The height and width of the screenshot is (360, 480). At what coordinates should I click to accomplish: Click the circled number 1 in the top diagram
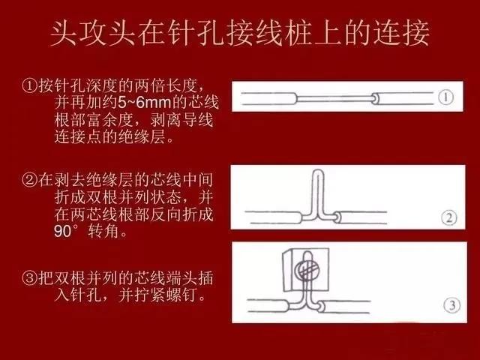[445, 97]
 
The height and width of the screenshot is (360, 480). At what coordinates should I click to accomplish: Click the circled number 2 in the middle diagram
[448, 218]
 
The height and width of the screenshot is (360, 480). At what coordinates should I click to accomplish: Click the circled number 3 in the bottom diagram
[451, 305]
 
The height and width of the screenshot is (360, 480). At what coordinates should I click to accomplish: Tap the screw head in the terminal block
[305, 271]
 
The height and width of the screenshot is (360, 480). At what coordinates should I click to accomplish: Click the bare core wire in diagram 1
[334, 98]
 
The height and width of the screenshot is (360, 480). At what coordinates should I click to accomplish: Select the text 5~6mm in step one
[145, 102]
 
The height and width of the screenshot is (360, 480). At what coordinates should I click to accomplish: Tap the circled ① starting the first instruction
[30, 86]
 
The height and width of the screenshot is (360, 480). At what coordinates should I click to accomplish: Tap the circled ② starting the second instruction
[30, 179]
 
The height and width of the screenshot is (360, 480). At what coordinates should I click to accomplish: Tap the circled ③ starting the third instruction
[30, 278]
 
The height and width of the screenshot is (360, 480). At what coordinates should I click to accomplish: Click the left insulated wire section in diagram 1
[269, 98]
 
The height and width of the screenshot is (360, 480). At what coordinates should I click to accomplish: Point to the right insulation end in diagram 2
[337, 217]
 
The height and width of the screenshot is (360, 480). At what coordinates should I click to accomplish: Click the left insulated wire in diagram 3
[268, 306]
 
